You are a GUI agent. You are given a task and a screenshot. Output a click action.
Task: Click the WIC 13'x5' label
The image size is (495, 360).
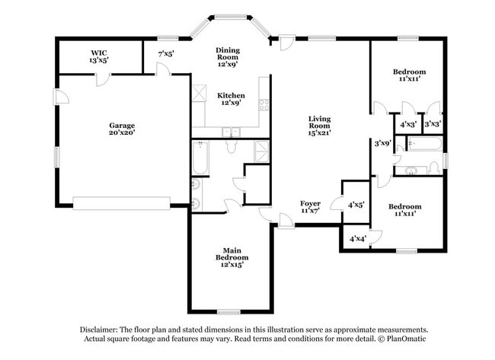[x=99, y=55]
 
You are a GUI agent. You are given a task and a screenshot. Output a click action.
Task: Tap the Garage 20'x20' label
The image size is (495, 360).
[x=121, y=129]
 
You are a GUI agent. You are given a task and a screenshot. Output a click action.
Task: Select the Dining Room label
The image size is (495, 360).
[x=227, y=55]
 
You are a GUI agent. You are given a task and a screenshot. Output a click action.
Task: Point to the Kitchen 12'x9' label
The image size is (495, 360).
[x=231, y=99]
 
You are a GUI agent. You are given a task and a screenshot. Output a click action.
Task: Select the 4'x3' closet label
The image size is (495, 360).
[x=408, y=123]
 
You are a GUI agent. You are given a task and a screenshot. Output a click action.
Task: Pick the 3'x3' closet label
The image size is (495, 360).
[x=433, y=123]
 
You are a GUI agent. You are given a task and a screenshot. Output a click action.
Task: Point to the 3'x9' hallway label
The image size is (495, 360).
[x=382, y=142]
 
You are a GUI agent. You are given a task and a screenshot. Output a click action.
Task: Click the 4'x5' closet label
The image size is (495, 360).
[x=356, y=204]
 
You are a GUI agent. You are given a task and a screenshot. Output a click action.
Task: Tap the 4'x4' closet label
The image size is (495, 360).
[x=357, y=238]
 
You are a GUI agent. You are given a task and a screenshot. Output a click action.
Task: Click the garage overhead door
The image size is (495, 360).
[x=121, y=202]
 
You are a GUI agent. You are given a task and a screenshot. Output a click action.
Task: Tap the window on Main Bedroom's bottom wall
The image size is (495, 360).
[x=229, y=311]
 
